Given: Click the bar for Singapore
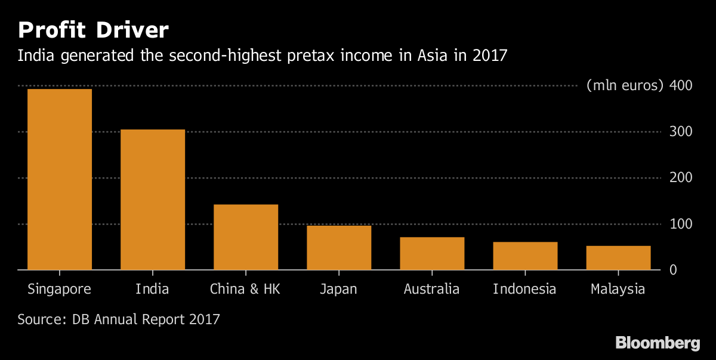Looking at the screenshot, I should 60,179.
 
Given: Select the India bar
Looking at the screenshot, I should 153,199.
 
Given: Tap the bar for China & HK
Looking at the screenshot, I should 246,237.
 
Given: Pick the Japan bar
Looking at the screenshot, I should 339,248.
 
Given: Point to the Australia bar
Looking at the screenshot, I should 432,254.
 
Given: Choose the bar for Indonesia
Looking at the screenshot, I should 525,256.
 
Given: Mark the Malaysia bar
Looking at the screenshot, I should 618,258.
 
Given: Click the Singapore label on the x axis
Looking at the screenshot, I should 60,290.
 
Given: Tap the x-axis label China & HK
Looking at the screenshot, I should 245,290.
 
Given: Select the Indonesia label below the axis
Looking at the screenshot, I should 524,290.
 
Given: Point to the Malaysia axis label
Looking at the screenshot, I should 618,290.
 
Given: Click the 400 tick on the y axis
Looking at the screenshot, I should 681,85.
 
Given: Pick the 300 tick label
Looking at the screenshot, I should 681,131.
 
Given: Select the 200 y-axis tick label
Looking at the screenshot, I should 681,178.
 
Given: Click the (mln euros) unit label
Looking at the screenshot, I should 625,85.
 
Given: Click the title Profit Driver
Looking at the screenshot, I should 94,29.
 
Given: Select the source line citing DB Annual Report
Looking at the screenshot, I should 119,319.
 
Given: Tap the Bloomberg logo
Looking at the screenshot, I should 658,343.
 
